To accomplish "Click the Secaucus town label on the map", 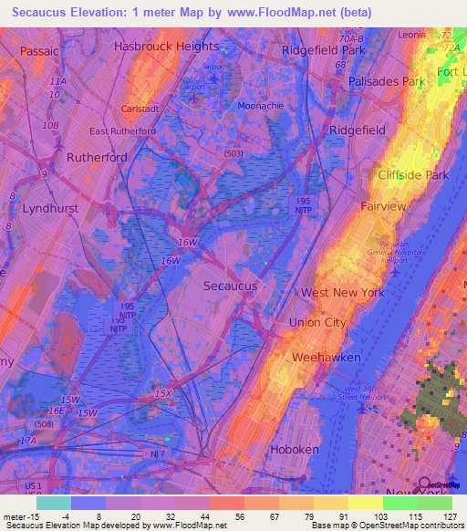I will click(x=230, y=286).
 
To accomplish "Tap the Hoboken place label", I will click(x=295, y=450).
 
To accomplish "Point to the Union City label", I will click(x=317, y=323).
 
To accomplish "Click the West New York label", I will click(x=343, y=293).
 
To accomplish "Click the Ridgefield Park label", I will click(x=323, y=51).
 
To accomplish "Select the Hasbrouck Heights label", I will click(x=167, y=46).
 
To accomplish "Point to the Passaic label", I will click(x=39, y=51).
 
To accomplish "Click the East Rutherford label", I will click(x=122, y=130).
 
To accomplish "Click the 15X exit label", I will click(x=162, y=393).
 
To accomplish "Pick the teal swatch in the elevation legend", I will click(x=53, y=503).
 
